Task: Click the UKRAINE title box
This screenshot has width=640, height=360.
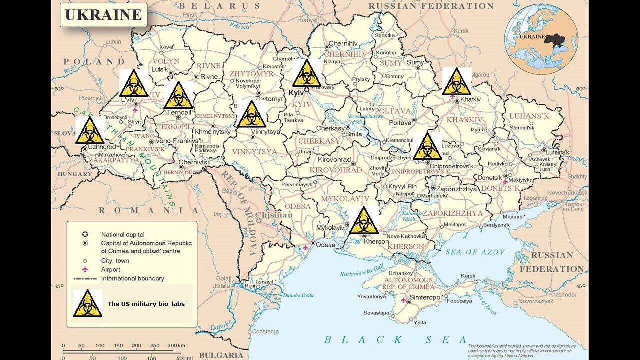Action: pyautogui.click(x=104, y=15)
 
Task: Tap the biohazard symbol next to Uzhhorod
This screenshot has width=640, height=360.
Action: pyautogui.click(x=90, y=131)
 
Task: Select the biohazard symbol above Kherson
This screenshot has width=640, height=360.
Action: pyautogui.click(x=363, y=220)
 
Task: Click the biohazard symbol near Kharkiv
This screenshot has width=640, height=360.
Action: pyautogui.click(x=456, y=82)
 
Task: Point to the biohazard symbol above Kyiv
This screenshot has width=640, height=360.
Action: pyautogui.click(x=307, y=73)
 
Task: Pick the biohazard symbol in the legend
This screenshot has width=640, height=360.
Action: pyautogui.click(x=88, y=303)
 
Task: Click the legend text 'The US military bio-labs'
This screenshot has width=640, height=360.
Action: pyautogui.click(x=143, y=303)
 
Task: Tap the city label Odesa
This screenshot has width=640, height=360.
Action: pyautogui.click(x=326, y=244)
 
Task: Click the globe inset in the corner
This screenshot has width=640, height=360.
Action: pyautogui.click(x=541, y=38)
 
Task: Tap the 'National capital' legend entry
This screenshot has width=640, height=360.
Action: pyautogui.click(x=123, y=234)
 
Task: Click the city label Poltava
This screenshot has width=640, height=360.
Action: pyautogui.click(x=400, y=122)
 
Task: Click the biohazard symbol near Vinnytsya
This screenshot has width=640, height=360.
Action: pyautogui.click(x=251, y=114)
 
